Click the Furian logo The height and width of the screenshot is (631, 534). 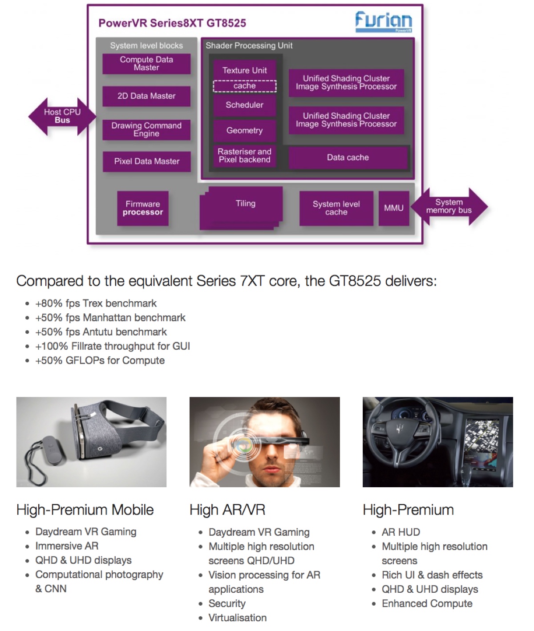383,21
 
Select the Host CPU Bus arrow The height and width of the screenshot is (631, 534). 62,116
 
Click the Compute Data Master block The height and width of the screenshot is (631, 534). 146,64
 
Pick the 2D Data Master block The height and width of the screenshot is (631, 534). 146,96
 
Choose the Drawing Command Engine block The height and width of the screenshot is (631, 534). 146,129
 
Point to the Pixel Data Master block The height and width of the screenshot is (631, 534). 146,162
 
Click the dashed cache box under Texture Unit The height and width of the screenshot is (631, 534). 244,86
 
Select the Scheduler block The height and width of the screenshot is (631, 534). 244,105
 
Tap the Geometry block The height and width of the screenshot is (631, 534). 244,131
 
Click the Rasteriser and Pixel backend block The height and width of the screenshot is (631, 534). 244,156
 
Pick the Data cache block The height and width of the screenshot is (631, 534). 348,158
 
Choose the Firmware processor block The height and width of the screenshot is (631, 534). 143,208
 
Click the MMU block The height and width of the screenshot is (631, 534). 394,208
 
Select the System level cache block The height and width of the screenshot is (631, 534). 336,208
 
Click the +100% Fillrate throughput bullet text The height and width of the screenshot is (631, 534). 113,346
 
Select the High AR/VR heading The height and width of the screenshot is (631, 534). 227,510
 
